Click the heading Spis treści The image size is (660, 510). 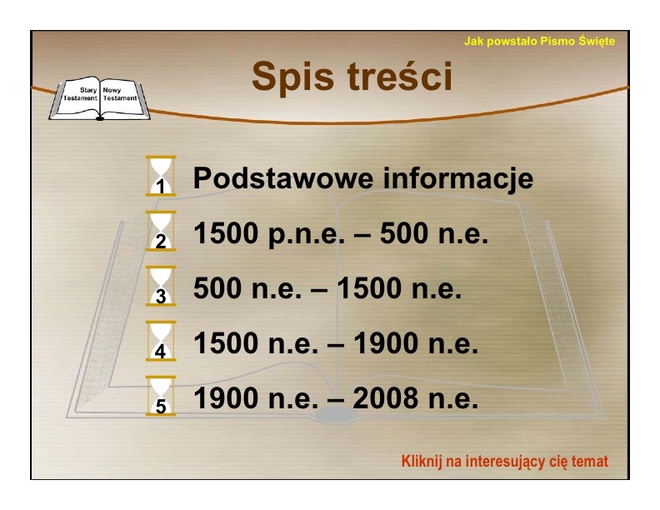pos(352,76)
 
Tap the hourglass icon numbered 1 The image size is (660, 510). pos(161,176)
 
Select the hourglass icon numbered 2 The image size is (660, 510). pos(161,231)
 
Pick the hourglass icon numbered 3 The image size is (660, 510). pos(161,286)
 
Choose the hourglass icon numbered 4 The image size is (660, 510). pos(161,342)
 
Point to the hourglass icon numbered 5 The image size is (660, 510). pos(161,397)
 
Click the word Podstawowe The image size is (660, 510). pos(283,178)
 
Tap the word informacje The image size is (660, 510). pos(458,179)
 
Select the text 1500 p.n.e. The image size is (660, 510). pos(269,234)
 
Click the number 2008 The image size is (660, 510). pos(386,398)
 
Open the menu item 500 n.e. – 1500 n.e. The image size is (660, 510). pos(327,288)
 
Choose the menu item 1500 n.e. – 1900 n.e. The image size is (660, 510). pos(336,343)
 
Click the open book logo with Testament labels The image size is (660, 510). pos(100,98)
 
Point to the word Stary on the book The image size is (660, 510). pos(88,90)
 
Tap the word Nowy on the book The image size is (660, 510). pos(112,90)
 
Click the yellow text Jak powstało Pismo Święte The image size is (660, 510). pos(539,41)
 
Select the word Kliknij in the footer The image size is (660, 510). pos(422,461)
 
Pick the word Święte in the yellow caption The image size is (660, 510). pos(597,41)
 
